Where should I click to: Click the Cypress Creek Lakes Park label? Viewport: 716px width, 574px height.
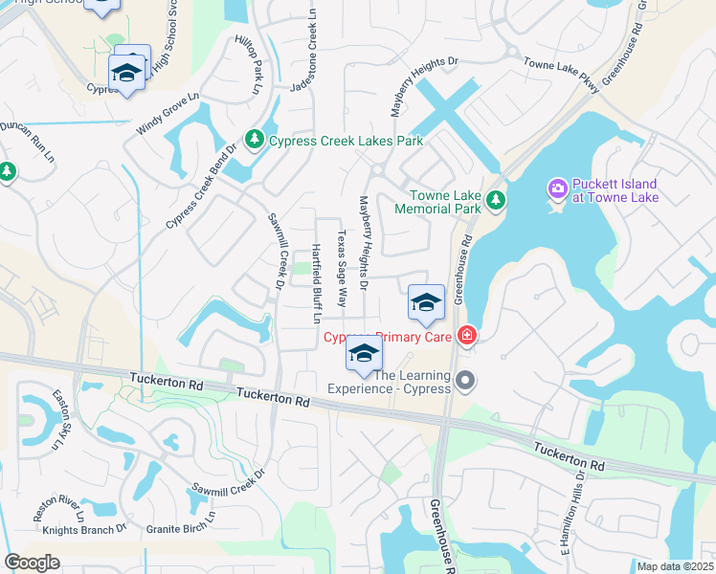tap(345, 141)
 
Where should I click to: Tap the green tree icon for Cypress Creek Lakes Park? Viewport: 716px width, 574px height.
tap(255, 141)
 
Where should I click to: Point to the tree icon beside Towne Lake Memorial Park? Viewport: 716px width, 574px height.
tap(495, 200)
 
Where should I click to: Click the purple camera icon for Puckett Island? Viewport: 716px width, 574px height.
tap(557, 190)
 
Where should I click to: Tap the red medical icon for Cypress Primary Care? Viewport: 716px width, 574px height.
tap(466, 335)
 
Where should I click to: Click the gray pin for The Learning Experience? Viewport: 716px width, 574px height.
tap(466, 382)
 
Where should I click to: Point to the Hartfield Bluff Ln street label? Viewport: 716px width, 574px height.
tap(316, 283)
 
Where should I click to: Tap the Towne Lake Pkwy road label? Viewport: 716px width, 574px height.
tap(560, 73)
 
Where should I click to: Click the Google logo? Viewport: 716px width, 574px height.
tap(32, 563)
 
